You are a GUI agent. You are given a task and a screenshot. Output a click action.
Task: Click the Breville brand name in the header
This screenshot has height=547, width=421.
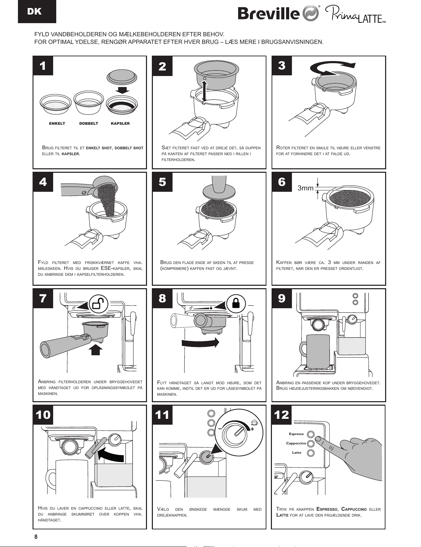(x=268, y=13)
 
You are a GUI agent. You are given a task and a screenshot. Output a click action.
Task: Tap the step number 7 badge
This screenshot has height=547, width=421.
(x=43, y=298)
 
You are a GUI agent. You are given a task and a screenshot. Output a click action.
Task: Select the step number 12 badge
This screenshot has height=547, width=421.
(x=282, y=414)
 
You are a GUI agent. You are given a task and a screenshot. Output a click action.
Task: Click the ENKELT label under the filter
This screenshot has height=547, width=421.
(x=57, y=123)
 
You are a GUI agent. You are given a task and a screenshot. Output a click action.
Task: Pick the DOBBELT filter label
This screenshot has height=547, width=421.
(x=89, y=123)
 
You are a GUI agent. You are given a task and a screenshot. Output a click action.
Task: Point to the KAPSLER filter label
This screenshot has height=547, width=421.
(x=120, y=123)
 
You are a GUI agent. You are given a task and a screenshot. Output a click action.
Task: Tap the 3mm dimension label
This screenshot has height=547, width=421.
(x=305, y=188)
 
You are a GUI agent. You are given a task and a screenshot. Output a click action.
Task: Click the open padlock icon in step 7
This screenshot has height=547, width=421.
(x=99, y=304)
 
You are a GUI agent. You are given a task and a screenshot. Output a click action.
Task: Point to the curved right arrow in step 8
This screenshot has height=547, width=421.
(x=200, y=342)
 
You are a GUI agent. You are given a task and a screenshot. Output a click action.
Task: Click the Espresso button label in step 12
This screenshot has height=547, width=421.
(x=296, y=434)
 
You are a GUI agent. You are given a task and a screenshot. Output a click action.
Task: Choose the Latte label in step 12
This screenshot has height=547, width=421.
(x=296, y=453)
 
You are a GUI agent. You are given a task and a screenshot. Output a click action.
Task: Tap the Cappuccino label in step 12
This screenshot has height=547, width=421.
(x=296, y=443)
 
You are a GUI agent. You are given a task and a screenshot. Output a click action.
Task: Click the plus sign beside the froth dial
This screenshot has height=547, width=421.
(x=252, y=429)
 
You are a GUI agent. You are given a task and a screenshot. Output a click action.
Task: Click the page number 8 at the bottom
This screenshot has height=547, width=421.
(x=36, y=537)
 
